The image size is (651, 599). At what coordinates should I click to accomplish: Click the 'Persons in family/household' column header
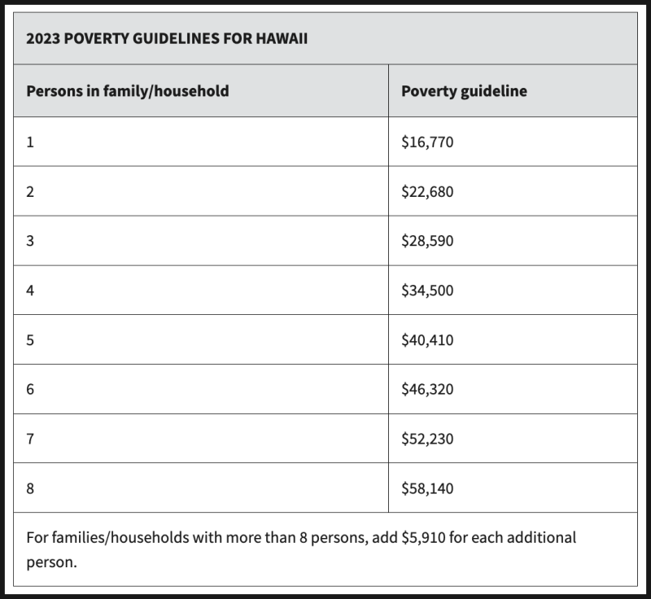click(x=128, y=91)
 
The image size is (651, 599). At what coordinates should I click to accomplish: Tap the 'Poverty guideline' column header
click(x=464, y=91)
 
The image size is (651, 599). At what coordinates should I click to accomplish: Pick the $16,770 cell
click(x=427, y=142)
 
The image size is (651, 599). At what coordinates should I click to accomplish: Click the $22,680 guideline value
click(x=427, y=192)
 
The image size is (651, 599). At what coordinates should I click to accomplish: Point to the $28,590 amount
click(x=427, y=242)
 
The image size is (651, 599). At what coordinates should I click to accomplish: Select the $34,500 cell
click(x=427, y=291)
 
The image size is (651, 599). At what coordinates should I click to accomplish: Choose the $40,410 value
click(x=427, y=340)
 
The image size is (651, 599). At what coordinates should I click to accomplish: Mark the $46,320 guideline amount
click(x=427, y=390)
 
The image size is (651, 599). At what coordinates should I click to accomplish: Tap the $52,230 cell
click(x=427, y=439)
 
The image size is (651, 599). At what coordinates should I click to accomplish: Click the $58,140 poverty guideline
click(x=427, y=489)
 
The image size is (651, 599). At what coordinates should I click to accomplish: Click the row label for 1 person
click(x=30, y=142)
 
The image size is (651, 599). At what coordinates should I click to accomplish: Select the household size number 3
click(x=30, y=242)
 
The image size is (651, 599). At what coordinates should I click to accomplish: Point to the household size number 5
click(x=30, y=340)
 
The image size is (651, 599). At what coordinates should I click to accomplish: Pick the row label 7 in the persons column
click(x=30, y=439)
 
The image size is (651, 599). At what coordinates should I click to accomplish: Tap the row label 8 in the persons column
click(x=30, y=489)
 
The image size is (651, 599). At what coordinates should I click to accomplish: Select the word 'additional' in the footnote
click(x=541, y=538)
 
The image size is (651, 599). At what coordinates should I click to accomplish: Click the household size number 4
click(x=30, y=291)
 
